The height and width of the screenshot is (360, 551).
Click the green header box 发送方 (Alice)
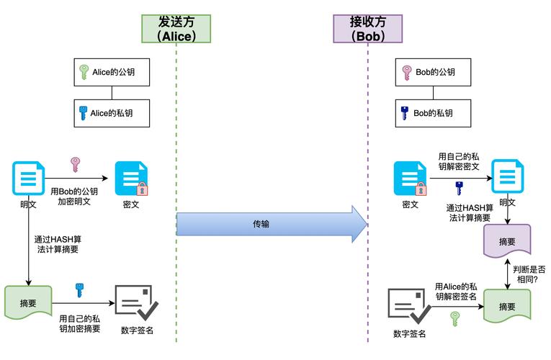tap(176, 28)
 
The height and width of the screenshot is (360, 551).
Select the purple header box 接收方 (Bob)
tap(367, 28)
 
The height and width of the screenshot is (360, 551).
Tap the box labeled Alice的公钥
tap(111, 72)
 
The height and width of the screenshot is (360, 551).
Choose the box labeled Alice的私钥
tap(111, 112)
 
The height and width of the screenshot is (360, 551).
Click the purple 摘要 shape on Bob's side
tap(507, 241)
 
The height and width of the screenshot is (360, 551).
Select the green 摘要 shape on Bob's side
tap(507, 305)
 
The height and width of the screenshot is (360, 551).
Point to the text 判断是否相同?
tap(529, 274)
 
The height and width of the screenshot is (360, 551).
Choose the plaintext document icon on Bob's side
tap(507, 177)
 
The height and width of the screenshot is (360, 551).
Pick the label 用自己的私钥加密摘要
tap(79, 323)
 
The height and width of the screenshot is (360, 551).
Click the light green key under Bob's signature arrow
tap(454, 318)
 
